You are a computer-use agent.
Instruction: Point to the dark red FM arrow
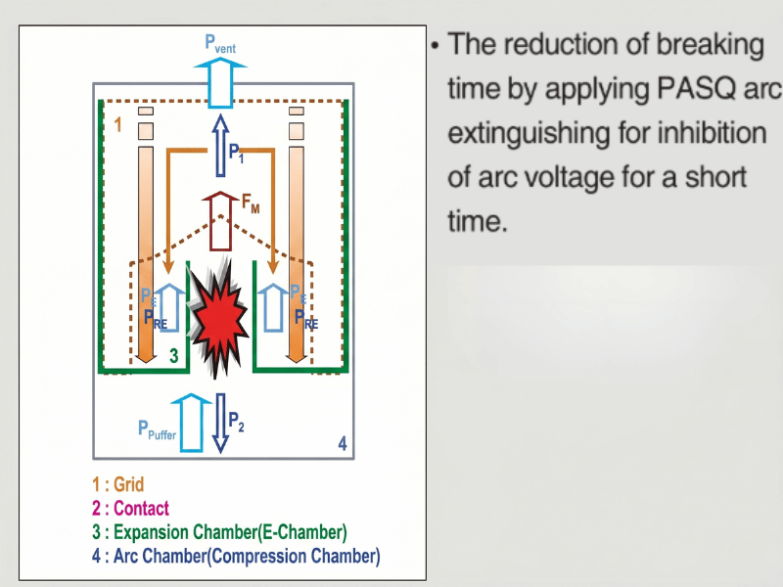pos(220,219)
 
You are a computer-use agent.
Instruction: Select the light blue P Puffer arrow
pos(195,422)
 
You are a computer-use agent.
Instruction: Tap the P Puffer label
pos(157,429)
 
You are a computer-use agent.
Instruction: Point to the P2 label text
pos(236,422)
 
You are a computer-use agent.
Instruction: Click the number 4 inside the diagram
pos(342,444)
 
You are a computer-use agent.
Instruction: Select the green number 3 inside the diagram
pos(173,356)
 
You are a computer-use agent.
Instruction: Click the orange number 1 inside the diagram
pos(118,125)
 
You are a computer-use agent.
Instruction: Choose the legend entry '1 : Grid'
pos(117,484)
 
